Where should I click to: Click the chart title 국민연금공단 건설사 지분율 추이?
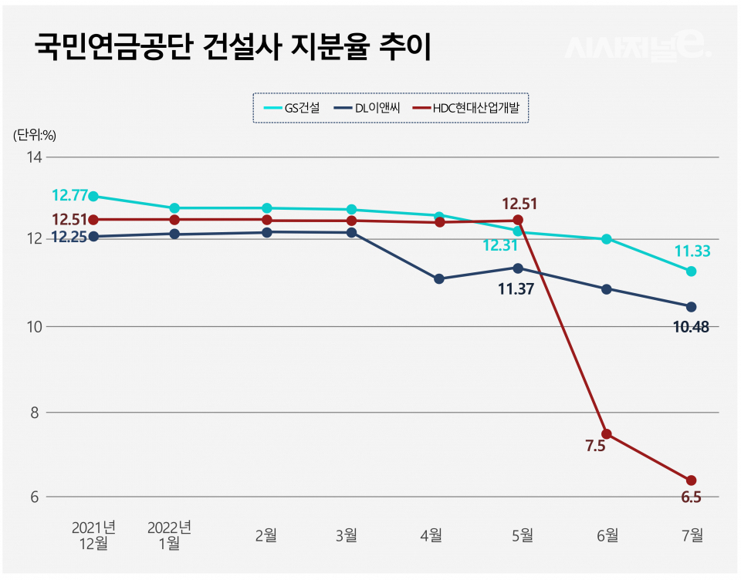pyautogui.click(x=232, y=47)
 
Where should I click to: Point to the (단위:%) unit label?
pyautogui.click(x=35, y=134)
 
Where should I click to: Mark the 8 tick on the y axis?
pyautogui.click(x=35, y=413)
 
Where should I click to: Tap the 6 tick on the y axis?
pyautogui.click(x=35, y=497)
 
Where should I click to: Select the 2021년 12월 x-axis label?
pyautogui.click(x=93, y=535)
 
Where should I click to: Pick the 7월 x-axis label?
pyautogui.click(x=692, y=534)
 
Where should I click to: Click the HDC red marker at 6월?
pyautogui.click(x=607, y=433)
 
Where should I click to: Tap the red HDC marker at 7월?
pyautogui.click(x=692, y=481)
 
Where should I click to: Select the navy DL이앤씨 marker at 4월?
pyautogui.click(x=439, y=278)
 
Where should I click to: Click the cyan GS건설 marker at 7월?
pyautogui.click(x=692, y=271)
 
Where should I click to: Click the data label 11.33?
pyautogui.click(x=692, y=251)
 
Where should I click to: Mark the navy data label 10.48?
pyautogui.click(x=692, y=327)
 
